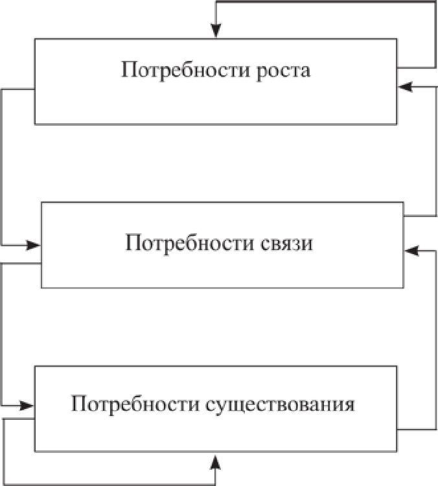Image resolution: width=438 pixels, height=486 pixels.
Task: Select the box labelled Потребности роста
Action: click(x=215, y=104)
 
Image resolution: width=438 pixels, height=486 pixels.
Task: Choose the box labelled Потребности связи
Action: click(x=222, y=272)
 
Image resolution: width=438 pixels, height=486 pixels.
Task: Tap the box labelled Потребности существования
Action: click(x=215, y=434)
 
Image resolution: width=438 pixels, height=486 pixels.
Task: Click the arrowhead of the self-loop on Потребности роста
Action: click(x=216, y=32)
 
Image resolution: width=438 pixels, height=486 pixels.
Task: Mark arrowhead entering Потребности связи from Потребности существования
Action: click(x=410, y=249)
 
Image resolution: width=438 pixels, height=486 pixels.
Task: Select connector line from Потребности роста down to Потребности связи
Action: click(x=2, y=168)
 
